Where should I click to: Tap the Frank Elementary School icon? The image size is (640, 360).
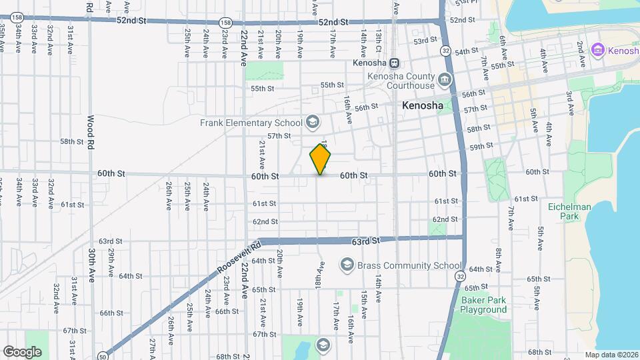click(312, 122)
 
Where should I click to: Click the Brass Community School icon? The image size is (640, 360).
click(347, 265)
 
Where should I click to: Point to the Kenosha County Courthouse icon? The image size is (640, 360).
click(445, 81)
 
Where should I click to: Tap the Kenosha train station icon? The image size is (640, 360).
click(395, 63)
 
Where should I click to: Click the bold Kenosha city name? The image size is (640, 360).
click(423, 106)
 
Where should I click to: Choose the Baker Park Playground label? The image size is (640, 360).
click(483, 305)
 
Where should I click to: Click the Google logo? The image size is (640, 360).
click(22, 351)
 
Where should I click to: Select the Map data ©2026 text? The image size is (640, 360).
click(611, 355)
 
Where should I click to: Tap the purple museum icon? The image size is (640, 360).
click(598, 50)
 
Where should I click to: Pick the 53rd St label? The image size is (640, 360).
click(424, 41)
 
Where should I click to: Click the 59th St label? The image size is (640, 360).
click(481, 147)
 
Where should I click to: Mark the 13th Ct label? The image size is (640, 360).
click(378, 41)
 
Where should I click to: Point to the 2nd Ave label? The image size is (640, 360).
click(580, 51)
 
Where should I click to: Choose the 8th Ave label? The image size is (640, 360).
click(498, 260)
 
